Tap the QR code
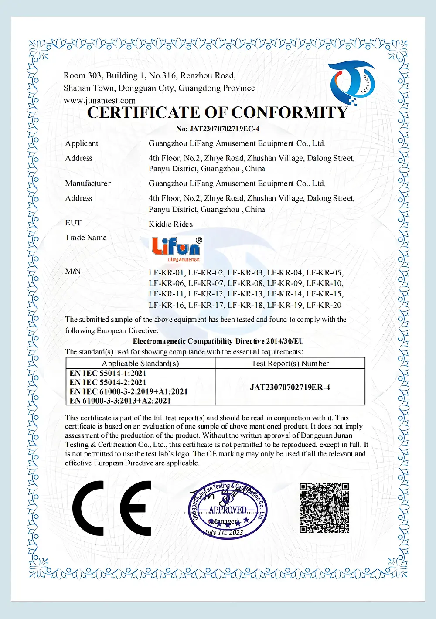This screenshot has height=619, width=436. (324, 508)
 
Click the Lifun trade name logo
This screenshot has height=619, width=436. (177, 249)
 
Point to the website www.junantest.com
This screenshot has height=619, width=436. (99, 101)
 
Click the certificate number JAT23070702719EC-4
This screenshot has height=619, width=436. (218, 129)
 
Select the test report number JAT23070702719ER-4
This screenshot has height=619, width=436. (290, 387)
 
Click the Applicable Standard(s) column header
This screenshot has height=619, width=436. (140, 363)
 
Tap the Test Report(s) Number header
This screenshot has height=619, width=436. (290, 363)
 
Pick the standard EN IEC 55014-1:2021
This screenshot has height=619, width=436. (108, 373)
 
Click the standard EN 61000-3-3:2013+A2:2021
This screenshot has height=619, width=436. (120, 401)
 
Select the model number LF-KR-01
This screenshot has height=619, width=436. (167, 273)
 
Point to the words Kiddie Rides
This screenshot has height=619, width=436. (170, 224)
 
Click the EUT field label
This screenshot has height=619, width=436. (73, 223)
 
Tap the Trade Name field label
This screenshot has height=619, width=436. (86, 238)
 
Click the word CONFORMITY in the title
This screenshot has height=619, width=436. (290, 112)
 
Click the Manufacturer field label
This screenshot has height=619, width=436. (88, 184)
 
